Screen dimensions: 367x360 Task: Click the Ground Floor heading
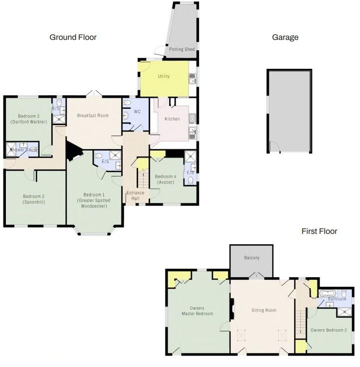click(73, 37)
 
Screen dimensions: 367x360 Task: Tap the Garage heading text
click(285, 37)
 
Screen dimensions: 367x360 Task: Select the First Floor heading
click(319, 231)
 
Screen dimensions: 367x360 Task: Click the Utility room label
click(164, 76)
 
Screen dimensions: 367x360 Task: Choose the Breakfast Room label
click(93, 116)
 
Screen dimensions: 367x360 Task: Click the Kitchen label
click(172, 119)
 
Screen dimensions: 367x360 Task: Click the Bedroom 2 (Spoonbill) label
click(33, 199)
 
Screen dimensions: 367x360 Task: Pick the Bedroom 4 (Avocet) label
click(165, 180)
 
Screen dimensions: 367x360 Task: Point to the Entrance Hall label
click(135, 196)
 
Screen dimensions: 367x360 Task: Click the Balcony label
click(252, 258)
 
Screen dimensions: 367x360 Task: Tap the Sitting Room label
click(264, 310)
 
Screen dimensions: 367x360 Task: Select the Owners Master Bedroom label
click(197, 311)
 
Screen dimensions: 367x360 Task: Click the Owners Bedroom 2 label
click(328, 330)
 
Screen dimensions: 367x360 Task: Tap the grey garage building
click(290, 112)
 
